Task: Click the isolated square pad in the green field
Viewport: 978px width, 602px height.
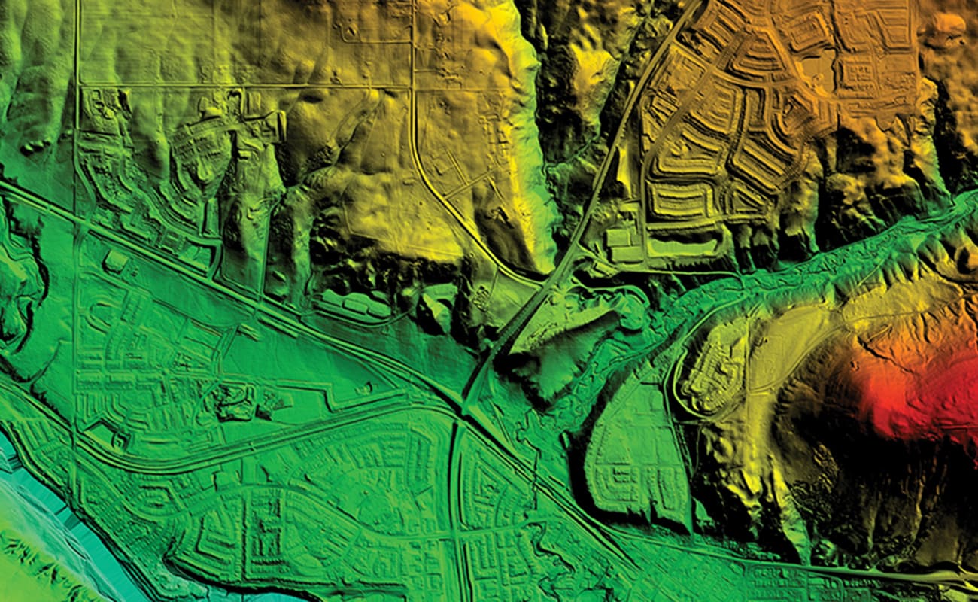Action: click(115, 260)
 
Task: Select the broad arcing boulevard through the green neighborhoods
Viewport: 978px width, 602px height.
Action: click(248, 444)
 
